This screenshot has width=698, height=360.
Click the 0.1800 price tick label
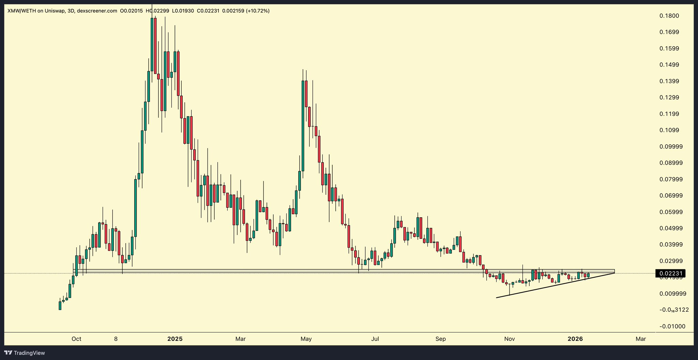click(x=669, y=16)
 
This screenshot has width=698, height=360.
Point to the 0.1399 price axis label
click(x=669, y=81)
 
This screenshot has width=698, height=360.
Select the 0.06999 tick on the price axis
click(x=671, y=195)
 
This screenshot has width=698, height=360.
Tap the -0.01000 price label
click(x=672, y=326)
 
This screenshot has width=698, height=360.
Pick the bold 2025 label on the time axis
click(x=175, y=339)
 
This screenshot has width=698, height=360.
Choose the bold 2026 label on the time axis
click(x=575, y=339)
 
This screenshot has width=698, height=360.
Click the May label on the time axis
click(x=306, y=339)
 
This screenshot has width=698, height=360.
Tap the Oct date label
click(x=76, y=339)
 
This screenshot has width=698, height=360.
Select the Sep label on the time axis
click(x=440, y=339)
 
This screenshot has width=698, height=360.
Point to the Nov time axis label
click(x=509, y=339)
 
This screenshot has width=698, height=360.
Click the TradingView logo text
click(x=29, y=353)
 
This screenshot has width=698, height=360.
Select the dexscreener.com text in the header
click(x=97, y=11)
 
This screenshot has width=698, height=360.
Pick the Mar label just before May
click(x=241, y=339)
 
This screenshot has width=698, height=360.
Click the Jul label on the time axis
click(x=375, y=339)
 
